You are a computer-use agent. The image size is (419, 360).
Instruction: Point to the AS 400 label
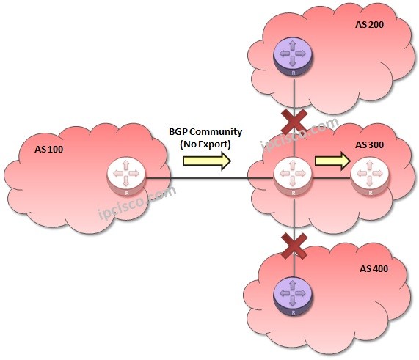click(374, 268)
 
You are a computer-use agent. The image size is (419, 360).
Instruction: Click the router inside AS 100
click(125, 177)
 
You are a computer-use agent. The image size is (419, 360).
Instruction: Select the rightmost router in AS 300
click(369, 177)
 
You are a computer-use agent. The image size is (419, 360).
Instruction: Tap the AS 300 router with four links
click(294, 177)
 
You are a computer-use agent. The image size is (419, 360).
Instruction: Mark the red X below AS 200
click(294, 120)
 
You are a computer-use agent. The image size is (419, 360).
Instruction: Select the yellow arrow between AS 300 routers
click(332, 161)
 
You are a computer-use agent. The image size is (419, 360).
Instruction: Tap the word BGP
click(179, 132)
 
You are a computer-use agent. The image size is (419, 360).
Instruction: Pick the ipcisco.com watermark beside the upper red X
click(301, 132)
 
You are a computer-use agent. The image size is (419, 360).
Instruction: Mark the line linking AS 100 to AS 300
click(198, 177)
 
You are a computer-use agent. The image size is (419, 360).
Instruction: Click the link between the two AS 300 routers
click(332, 177)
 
